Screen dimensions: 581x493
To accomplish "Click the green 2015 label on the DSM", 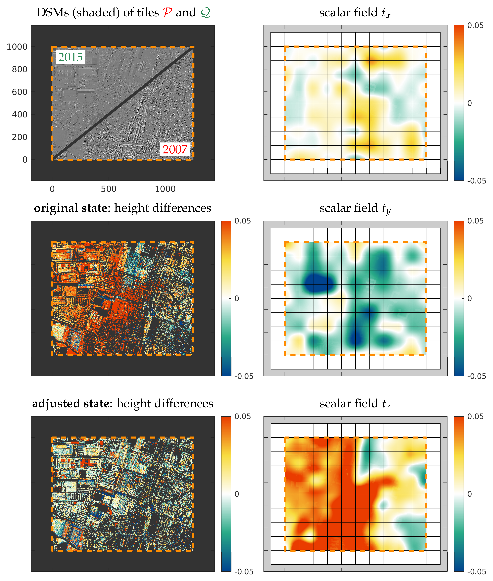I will pos(70,57).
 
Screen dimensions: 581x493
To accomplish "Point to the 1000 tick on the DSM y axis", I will pos(17,47).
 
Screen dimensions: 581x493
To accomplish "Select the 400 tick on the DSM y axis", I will pos(20,115).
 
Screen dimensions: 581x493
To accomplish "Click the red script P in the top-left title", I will pos(167,13).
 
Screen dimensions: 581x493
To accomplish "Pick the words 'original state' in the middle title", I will pos(70,208).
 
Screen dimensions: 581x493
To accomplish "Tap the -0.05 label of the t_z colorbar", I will pos(477,571).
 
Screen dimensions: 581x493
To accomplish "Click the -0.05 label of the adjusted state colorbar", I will pos(244,571).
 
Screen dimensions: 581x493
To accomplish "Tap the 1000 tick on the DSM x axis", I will pos(165,189).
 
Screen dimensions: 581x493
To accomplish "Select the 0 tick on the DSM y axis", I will pos(25,160).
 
